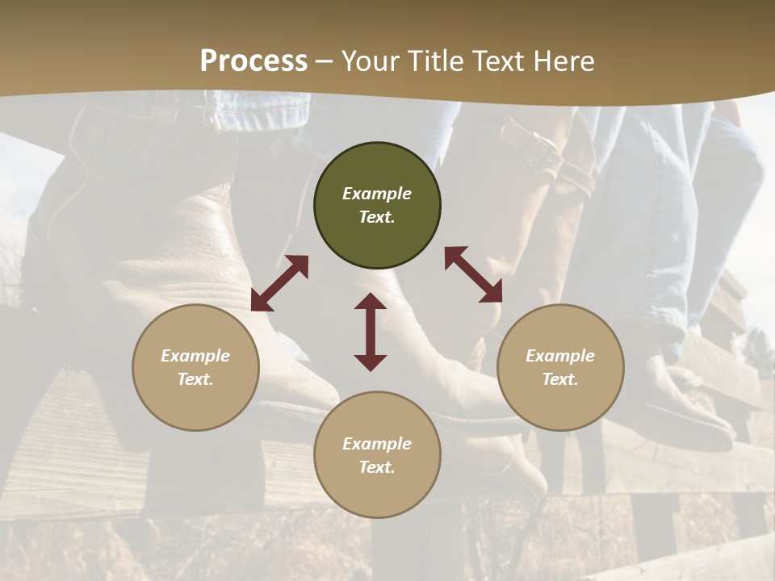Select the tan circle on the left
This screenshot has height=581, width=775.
coord(195,367)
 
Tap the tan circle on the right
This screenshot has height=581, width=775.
coord(560,367)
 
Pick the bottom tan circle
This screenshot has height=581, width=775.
coord(377,455)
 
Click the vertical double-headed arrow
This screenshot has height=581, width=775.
coord(371,332)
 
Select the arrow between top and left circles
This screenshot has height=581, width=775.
coord(279,283)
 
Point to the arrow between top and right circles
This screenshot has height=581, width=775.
coord(474,274)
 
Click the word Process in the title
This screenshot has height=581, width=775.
coord(253,61)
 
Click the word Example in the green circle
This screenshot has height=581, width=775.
coord(377,194)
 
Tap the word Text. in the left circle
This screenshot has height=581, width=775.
coord(195,379)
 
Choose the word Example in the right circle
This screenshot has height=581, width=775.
coord(560,356)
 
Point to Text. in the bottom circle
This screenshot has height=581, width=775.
coord(377,467)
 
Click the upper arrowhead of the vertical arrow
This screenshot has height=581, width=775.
coord(371,303)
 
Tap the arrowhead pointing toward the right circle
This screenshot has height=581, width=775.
coord(492,293)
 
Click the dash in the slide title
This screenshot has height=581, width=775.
coord(325,61)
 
